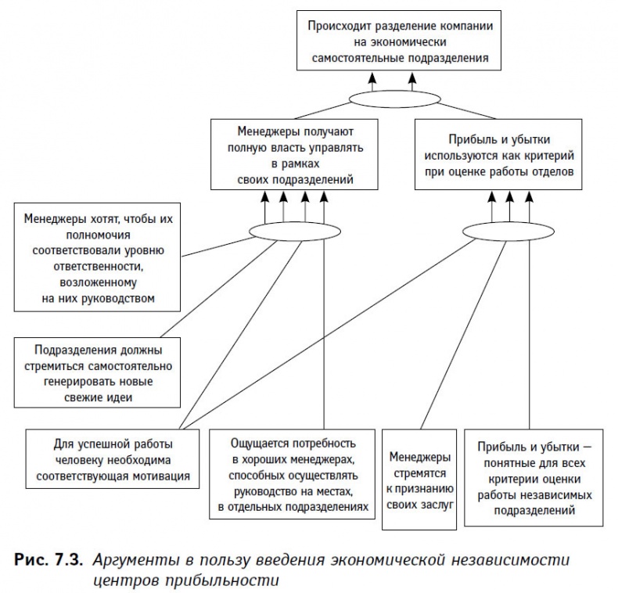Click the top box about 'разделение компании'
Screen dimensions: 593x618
pos(399,41)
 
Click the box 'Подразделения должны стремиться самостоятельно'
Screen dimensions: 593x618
pos(98,373)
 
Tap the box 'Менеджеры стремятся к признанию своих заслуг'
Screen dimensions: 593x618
pos(421,479)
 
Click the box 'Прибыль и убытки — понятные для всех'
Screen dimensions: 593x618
pos(535,476)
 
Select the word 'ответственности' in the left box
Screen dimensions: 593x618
pos(98,266)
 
